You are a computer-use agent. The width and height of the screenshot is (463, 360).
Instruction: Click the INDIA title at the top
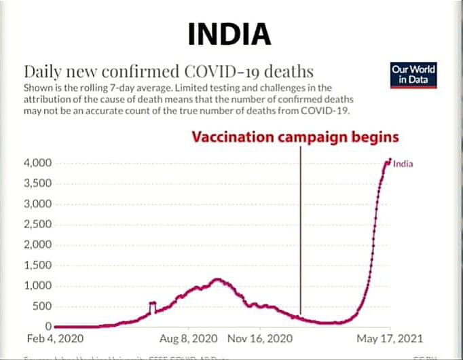[x=228, y=33]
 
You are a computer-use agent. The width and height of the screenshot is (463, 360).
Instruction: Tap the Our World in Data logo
[x=413, y=75]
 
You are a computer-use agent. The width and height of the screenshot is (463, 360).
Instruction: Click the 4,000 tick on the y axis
[x=38, y=163]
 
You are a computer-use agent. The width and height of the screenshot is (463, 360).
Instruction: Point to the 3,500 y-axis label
[x=38, y=183]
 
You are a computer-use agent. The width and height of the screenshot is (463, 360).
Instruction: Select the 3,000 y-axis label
[x=38, y=204]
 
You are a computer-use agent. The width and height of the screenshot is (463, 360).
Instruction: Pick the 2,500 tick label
[x=38, y=224]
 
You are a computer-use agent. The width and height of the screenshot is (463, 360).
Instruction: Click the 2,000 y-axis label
[x=38, y=245]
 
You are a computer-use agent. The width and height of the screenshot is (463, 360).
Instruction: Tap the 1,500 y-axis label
[x=38, y=265]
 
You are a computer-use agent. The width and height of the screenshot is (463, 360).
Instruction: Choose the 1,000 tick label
[x=38, y=285]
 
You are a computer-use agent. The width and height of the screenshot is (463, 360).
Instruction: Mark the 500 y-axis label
[x=43, y=306]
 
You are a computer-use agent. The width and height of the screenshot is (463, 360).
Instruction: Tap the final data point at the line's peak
[x=390, y=160]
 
